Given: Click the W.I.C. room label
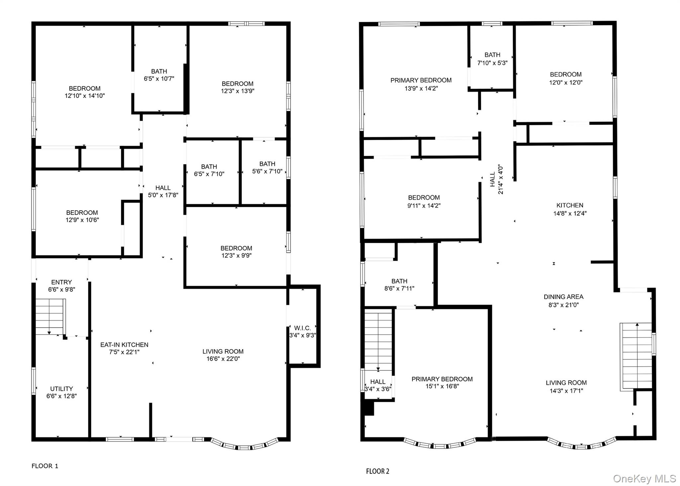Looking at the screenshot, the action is (302, 328).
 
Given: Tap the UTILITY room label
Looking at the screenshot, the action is (61, 389).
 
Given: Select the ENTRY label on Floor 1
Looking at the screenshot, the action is (61, 282).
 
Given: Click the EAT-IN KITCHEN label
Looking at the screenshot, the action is (124, 345).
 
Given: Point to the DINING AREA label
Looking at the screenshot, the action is (563, 297).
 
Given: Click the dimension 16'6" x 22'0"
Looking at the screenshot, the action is (223, 359).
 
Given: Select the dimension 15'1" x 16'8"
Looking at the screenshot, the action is (442, 386).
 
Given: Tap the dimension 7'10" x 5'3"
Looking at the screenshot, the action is (492, 63).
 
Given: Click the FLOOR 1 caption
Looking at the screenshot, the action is (45, 466).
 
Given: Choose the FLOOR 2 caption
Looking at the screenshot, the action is (378, 471).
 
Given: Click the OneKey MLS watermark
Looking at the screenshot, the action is (644, 478).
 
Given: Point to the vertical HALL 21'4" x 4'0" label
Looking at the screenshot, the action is (496, 179).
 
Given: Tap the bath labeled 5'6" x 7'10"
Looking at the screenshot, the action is (267, 167).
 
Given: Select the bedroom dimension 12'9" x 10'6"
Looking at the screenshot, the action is (82, 220).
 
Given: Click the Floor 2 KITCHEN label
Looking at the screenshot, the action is (570, 205).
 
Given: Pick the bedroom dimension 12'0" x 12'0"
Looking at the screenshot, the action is (566, 82).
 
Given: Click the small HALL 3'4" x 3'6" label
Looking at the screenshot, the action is (378, 385).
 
